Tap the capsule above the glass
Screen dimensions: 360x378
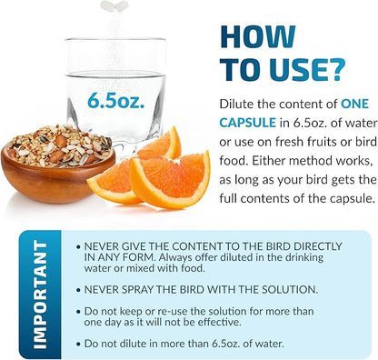(114, 5)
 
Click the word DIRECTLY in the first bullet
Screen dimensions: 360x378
(311, 246)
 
